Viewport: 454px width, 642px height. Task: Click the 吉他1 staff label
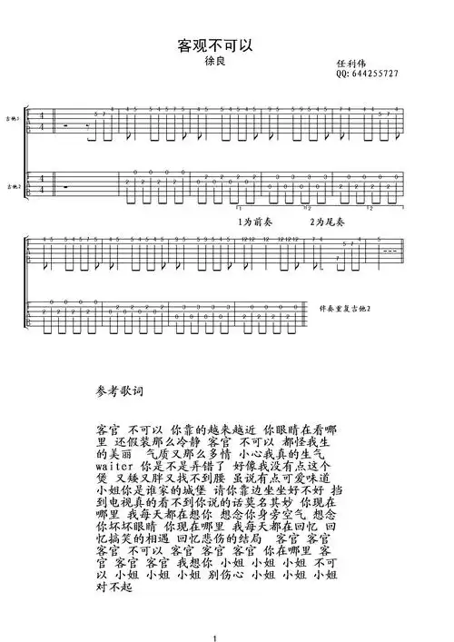12,119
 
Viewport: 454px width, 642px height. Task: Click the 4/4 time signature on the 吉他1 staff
33,123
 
